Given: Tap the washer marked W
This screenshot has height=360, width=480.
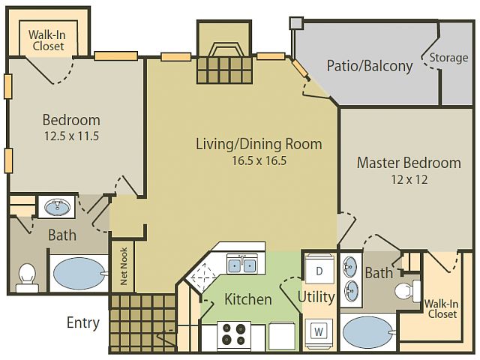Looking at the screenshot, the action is pyautogui.click(x=319, y=331).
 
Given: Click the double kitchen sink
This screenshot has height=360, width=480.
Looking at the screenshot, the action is pyautogui.click(x=242, y=264).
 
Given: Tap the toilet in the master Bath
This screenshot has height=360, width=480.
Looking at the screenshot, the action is pyautogui.click(x=407, y=290).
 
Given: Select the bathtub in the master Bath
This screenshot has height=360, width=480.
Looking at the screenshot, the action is pyautogui.click(x=368, y=332).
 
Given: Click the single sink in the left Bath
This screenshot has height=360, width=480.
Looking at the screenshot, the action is pyautogui.click(x=57, y=207).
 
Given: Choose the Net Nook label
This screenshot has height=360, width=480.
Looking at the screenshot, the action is pyautogui.click(x=124, y=266).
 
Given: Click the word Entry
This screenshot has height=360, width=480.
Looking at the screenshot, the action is pyautogui.click(x=83, y=323).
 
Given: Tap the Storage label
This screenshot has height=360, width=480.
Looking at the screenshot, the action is pyautogui.click(x=448, y=58).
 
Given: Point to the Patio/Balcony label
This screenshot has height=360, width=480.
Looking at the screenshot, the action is pyautogui.click(x=370, y=66).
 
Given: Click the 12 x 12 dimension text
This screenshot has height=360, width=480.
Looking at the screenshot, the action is pyautogui.click(x=409, y=179).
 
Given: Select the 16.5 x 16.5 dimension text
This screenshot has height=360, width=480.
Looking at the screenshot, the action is pyautogui.click(x=259, y=160).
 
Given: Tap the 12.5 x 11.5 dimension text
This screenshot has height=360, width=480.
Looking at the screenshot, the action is pyautogui.click(x=71, y=136).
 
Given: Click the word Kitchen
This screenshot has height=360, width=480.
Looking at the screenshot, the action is pyautogui.click(x=248, y=299).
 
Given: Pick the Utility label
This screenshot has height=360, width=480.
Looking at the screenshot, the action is pyautogui.click(x=316, y=297).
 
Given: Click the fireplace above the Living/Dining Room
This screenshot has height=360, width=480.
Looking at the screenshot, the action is pyautogui.click(x=224, y=52).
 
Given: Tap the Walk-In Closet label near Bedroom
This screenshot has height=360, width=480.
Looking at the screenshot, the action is pyautogui.click(x=46, y=40).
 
